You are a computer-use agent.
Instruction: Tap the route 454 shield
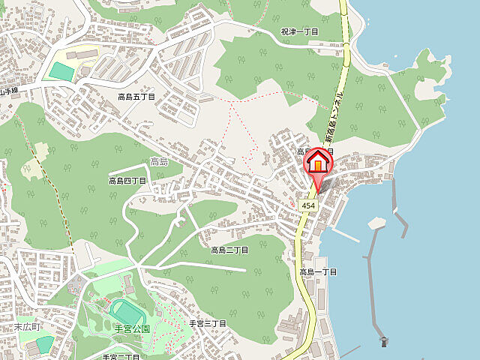pyautogui.click(x=308, y=205)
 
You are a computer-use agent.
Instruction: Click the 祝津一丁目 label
pyautogui.click(x=299, y=32)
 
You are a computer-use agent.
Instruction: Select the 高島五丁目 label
pyautogui.click(x=136, y=97)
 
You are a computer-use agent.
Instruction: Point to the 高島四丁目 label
pyautogui.click(x=127, y=181)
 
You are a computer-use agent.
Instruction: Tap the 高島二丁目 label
pyautogui.click(x=229, y=250)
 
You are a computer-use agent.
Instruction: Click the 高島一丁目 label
pyautogui.click(x=319, y=271)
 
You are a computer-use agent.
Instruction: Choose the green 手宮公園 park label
pyautogui.click(x=132, y=328)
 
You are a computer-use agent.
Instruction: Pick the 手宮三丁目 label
pyautogui.click(x=207, y=323)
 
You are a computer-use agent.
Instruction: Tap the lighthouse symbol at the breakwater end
pyautogui.click(x=384, y=342)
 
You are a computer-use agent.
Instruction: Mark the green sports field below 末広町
pyautogui.click(x=44, y=343)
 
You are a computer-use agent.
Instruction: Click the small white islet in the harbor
pyautogui.click(x=376, y=222)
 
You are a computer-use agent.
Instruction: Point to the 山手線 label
pyautogui.click(x=9, y=90)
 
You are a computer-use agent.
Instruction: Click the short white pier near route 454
pyautogui.click(x=345, y=234)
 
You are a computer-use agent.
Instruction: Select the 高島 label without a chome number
pyautogui.click(x=158, y=161)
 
